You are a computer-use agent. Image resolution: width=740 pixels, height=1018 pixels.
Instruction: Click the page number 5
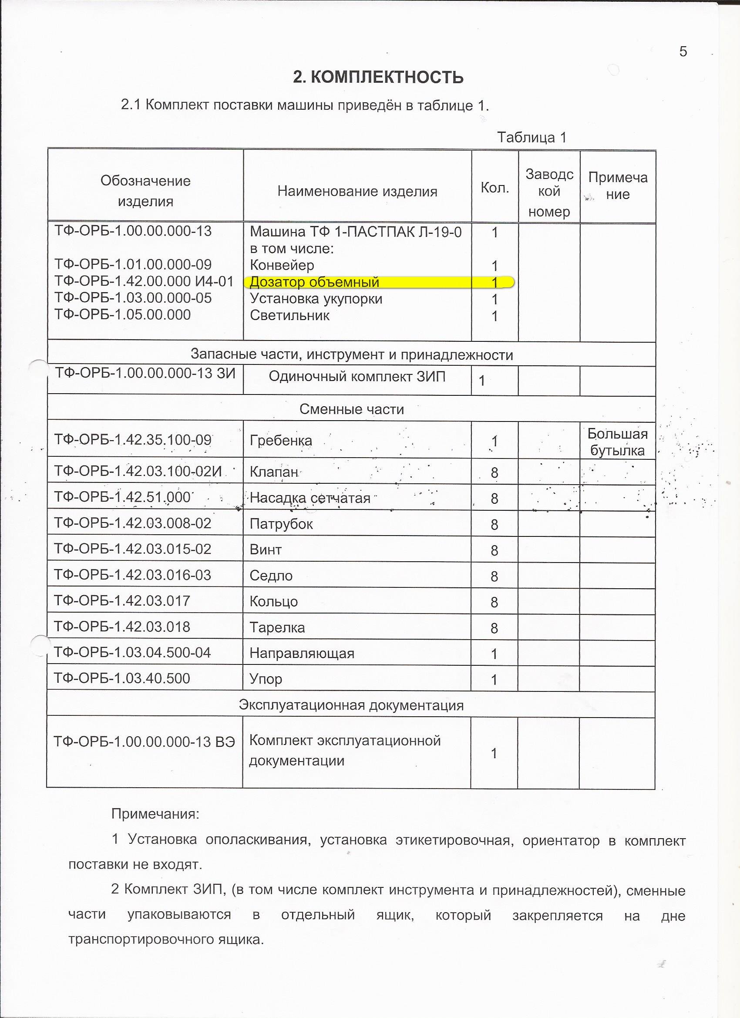pyautogui.click(x=683, y=52)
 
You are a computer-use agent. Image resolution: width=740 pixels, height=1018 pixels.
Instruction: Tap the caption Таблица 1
pyautogui.click(x=531, y=137)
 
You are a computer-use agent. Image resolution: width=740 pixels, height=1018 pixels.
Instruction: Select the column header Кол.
pyautogui.click(x=494, y=188)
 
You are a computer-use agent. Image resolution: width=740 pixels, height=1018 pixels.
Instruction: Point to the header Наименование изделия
pyautogui.click(x=357, y=192)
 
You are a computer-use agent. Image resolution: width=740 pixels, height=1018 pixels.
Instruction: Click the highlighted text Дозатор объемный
pyautogui.click(x=314, y=282)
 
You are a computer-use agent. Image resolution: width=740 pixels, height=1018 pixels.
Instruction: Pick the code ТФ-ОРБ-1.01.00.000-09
pyautogui.click(x=133, y=265)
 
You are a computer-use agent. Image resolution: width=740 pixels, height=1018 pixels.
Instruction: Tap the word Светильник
pyautogui.click(x=289, y=316)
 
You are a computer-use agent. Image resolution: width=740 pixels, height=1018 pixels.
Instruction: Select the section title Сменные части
pyautogui.click(x=351, y=409)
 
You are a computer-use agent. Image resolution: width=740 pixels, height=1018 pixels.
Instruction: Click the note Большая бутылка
pyautogui.click(x=617, y=442)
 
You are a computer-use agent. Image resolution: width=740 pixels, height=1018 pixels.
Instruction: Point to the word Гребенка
pyautogui.click(x=280, y=441)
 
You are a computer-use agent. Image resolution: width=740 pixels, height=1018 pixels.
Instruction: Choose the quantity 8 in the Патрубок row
pyautogui.click(x=494, y=525)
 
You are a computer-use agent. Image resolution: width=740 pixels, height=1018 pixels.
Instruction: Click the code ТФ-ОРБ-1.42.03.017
pyautogui.click(x=122, y=601)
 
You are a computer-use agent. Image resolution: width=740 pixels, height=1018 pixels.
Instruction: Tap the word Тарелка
pyautogui.click(x=277, y=627)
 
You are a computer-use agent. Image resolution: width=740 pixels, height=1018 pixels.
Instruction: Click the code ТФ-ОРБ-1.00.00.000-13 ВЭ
pyautogui.click(x=144, y=742)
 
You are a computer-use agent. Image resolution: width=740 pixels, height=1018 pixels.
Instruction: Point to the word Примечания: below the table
pyautogui.click(x=155, y=814)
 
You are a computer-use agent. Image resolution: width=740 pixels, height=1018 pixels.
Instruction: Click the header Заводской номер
pyautogui.click(x=549, y=192)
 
